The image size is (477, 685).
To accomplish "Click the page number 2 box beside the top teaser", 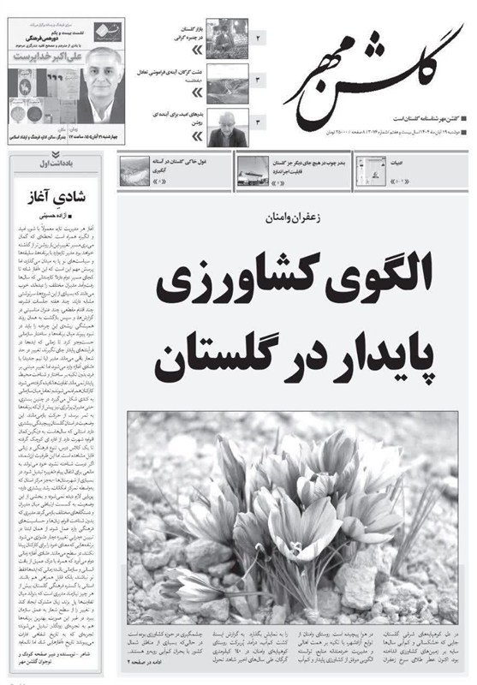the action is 259,39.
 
